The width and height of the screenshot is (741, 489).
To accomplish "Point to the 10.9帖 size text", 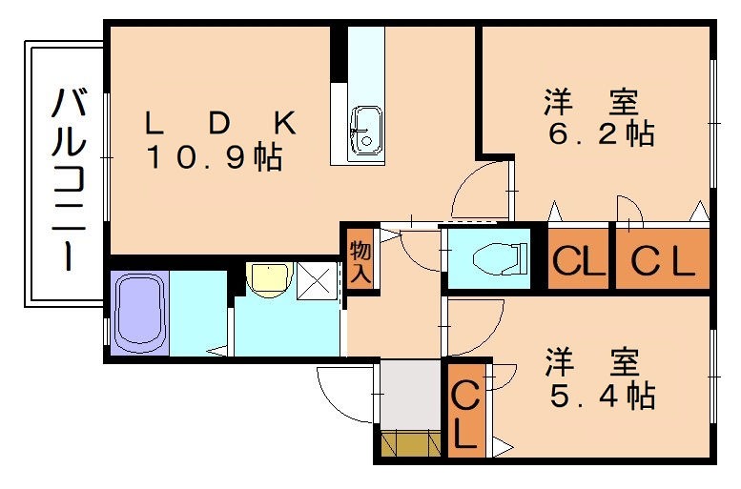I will tap(216, 158).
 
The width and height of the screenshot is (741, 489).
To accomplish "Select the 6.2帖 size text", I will tap(600, 134).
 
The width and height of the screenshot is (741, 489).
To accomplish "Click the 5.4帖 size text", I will tap(601, 395).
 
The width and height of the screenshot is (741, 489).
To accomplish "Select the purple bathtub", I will tap(140, 312).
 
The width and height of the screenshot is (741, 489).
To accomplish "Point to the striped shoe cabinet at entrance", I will tap(411, 443).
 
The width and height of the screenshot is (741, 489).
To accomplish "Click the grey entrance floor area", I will tap(411, 395).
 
